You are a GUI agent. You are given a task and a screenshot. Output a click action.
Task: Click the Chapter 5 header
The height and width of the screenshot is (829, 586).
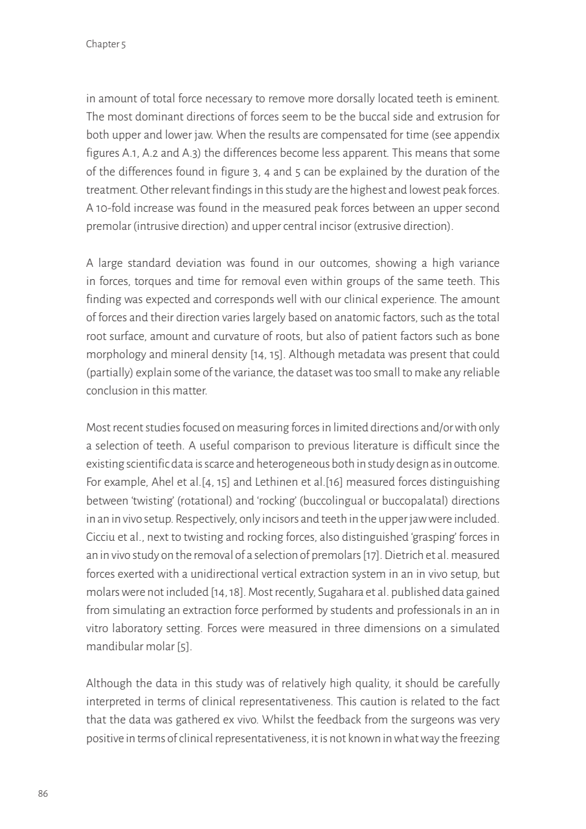pyautogui.click(x=106, y=44)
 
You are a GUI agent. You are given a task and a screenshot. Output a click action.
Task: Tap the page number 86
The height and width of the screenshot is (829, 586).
pyautogui.click(x=43, y=793)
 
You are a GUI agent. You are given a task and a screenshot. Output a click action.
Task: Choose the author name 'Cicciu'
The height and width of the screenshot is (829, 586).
pyautogui.click(x=100, y=536)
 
